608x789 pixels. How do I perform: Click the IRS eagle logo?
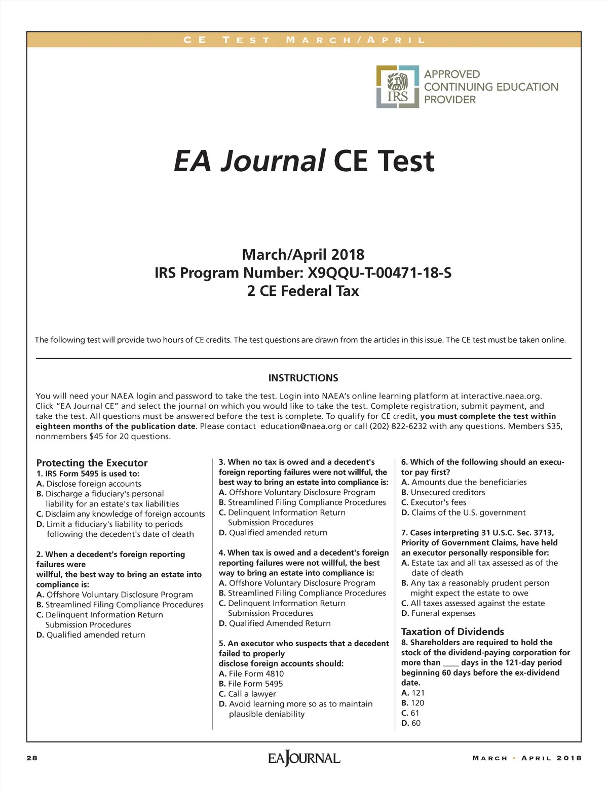point(398,87)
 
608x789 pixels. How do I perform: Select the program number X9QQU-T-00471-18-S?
point(379,273)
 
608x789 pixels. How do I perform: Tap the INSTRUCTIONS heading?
point(303,378)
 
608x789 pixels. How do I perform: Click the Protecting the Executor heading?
point(92,463)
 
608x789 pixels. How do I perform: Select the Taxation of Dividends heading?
point(452,632)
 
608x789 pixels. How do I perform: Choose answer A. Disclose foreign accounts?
point(89,484)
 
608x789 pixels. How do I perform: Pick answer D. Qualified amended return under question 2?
point(91,635)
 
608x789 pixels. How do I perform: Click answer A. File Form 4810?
point(251,674)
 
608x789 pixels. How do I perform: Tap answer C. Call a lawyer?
point(247,694)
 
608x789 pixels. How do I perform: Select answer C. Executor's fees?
point(434,502)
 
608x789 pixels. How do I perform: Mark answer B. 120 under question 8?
point(413,703)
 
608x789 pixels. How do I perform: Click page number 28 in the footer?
point(32,758)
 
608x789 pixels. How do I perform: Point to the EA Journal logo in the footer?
point(304,758)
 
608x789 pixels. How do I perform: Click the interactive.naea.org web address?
point(501,396)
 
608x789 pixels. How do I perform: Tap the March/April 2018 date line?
point(303,254)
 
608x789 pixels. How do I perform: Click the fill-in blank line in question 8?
point(450,663)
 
